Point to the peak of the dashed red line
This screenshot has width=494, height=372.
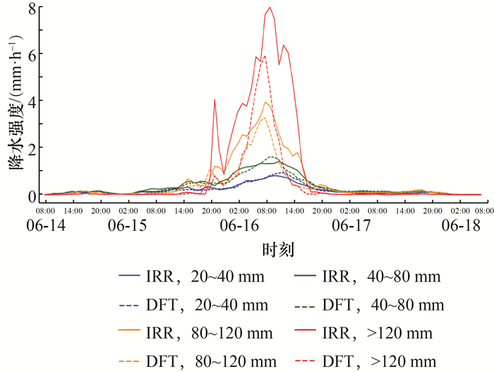point(265,56)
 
